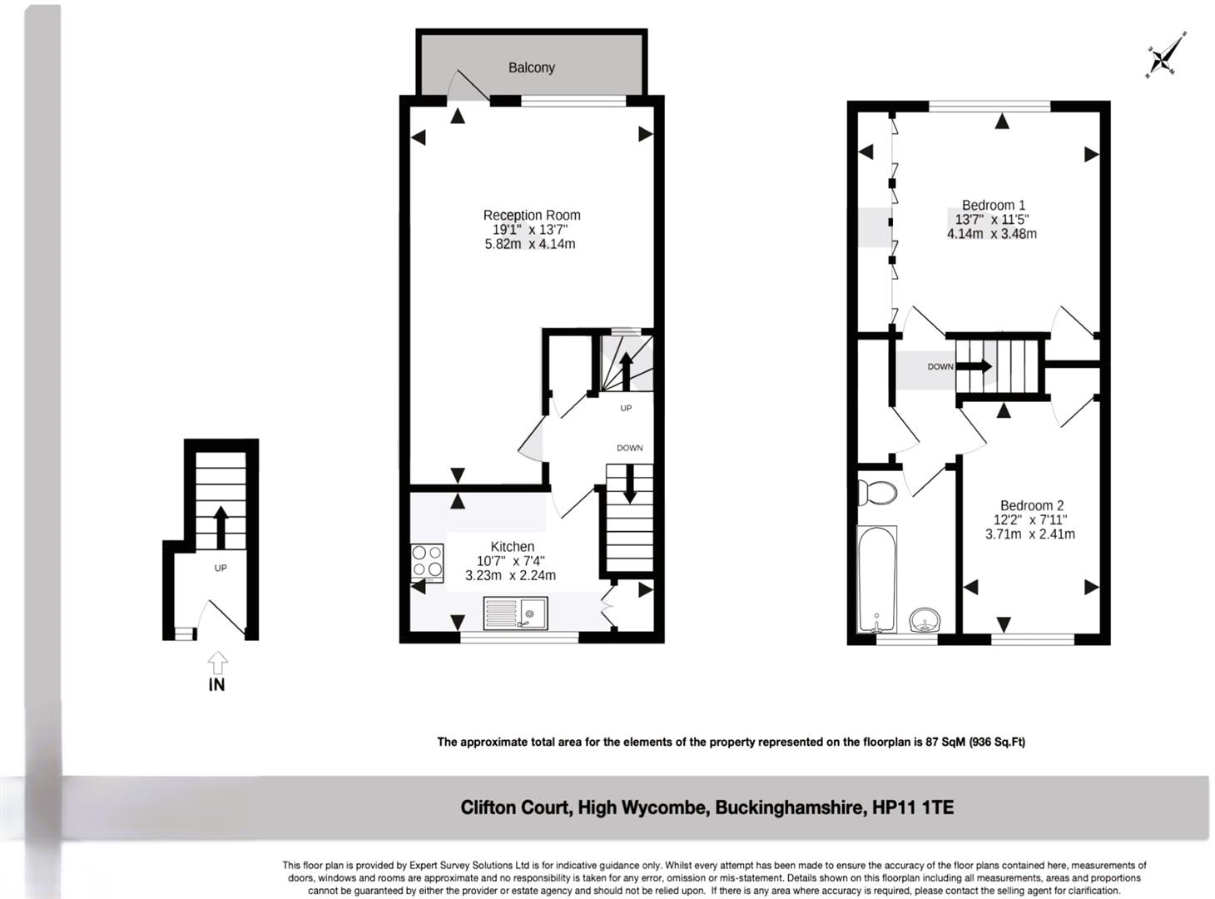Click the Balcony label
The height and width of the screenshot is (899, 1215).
point(531,67)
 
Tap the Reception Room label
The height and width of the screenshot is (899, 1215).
point(532,215)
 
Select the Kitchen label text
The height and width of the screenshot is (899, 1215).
point(512,547)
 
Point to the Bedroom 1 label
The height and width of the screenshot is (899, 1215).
point(993,205)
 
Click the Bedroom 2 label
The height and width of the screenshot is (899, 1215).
point(1031,505)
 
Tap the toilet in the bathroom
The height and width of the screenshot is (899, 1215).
point(876,492)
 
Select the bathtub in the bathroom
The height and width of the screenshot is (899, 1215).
point(877,579)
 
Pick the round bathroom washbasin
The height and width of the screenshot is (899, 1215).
point(925,620)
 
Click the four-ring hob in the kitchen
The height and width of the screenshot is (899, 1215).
point(427,563)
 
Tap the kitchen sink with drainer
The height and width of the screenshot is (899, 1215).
point(515,613)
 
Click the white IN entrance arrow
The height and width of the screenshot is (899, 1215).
point(217,663)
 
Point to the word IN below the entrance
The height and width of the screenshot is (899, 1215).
point(217,685)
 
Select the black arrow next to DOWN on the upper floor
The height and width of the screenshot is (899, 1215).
point(974,365)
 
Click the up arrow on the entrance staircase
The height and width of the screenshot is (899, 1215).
point(221,528)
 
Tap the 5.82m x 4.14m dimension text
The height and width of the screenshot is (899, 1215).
point(530,244)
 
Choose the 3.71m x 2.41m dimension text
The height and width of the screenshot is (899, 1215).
point(1030,534)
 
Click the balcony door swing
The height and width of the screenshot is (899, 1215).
point(469,86)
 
